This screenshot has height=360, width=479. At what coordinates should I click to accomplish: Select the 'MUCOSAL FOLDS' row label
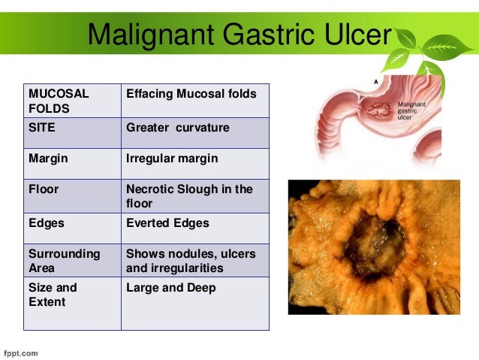tap(59, 101)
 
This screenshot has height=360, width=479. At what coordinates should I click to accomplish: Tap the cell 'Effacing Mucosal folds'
tap(191, 94)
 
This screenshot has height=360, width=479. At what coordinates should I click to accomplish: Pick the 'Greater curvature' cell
tap(178, 128)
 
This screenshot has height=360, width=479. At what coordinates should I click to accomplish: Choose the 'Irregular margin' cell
tap(172, 159)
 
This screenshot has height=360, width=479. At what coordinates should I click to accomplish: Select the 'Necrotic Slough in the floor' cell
tap(189, 196)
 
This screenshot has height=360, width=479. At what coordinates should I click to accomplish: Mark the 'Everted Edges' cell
tap(167, 223)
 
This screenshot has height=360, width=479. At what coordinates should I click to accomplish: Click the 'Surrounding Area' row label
tap(64, 261)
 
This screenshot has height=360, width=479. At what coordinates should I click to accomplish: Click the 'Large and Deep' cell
tap(170, 288)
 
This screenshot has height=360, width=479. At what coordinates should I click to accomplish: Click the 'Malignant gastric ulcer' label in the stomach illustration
tap(412, 111)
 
